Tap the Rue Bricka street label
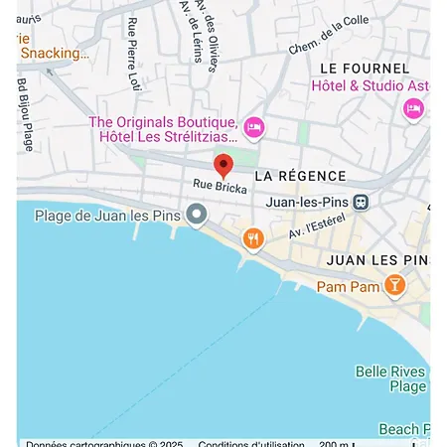point(220,186)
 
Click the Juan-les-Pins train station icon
point(362,202)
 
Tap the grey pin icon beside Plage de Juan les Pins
point(198,214)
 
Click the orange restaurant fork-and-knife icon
point(254,238)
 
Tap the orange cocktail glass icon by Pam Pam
point(394,285)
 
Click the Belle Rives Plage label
point(390,378)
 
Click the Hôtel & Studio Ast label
point(367,85)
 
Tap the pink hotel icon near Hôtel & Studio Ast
point(413,108)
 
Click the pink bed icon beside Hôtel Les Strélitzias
point(254,126)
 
